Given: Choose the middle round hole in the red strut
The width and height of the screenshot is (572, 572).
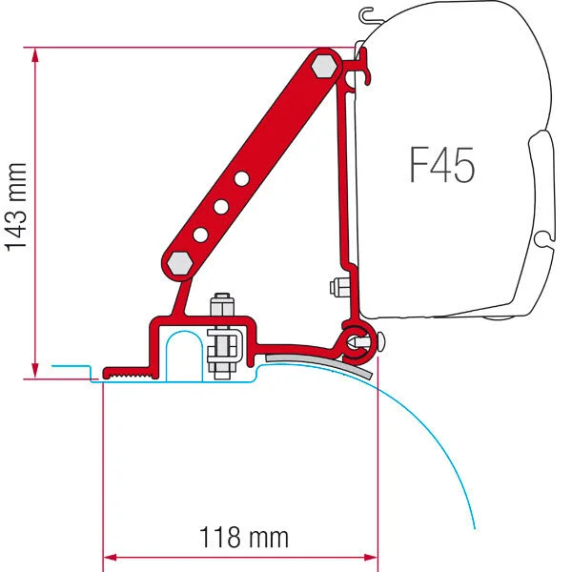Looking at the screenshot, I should pyautogui.click(x=222, y=206).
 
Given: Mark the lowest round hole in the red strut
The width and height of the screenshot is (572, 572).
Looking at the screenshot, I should pyautogui.click(x=201, y=235).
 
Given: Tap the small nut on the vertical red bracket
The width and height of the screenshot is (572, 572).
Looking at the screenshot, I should pyautogui.click(x=336, y=286).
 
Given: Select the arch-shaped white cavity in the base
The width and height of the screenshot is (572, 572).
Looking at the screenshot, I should pyautogui.click(x=181, y=353).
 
